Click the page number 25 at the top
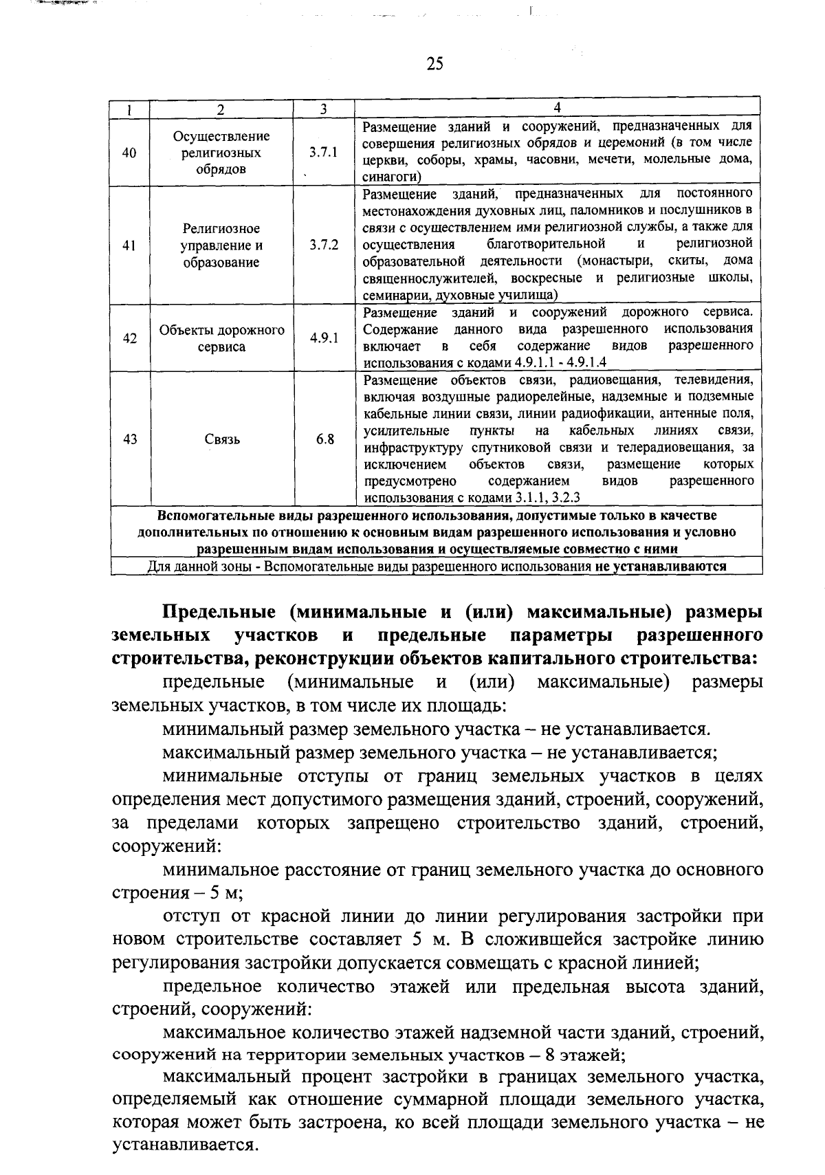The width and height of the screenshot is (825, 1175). pyautogui.click(x=434, y=64)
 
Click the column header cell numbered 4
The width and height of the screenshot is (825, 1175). pyautogui.click(x=557, y=108)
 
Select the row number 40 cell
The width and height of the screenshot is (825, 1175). pyautogui.click(x=129, y=153)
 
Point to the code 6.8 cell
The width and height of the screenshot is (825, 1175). pyautogui.click(x=325, y=439)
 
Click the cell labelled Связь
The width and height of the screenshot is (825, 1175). pyautogui.click(x=222, y=439)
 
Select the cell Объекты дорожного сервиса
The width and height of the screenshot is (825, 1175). pyautogui.click(x=222, y=338)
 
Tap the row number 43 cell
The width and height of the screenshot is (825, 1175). pyautogui.click(x=129, y=439)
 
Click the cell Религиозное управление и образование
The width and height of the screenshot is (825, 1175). pyautogui.click(x=221, y=245)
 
